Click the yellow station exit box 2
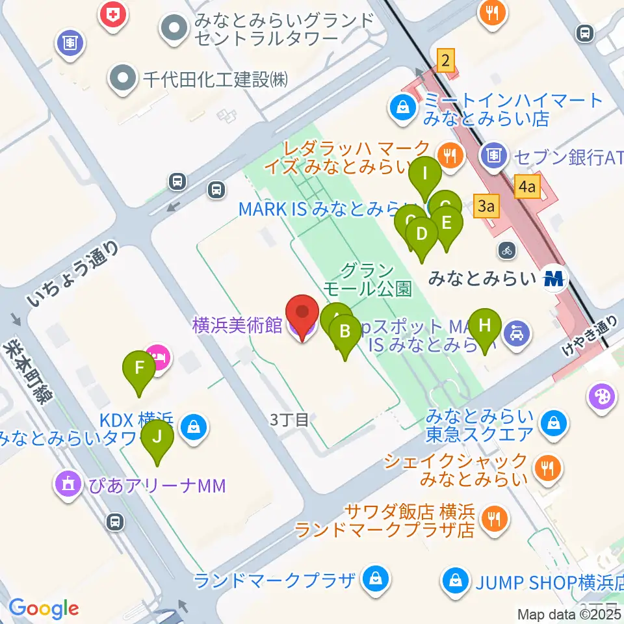pos(445,61)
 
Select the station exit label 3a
pos(487,207)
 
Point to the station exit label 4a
pos(526,188)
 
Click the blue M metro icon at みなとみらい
pos(554,279)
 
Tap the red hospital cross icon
pos(114,14)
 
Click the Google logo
pos(44,608)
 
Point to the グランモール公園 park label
pos(367,279)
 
